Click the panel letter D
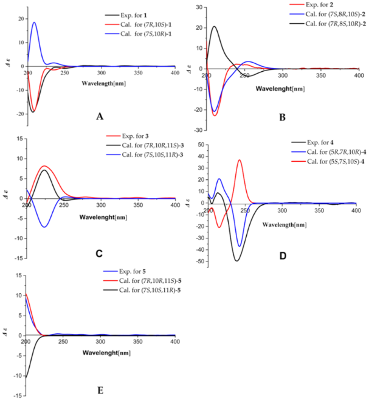282,256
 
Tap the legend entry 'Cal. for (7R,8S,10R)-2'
323,24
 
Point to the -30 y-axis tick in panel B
199,130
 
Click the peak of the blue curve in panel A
35,23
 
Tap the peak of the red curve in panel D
240,160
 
